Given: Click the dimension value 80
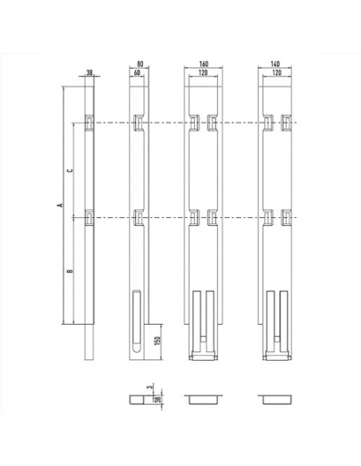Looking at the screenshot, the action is (x=140, y=64).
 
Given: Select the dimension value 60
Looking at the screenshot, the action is (x=137, y=73).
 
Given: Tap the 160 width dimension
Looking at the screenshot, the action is (x=204, y=64).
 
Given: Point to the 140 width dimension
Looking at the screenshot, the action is (x=276, y=64).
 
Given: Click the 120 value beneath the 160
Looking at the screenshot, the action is (x=203, y=73).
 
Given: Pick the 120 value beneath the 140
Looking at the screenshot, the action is (x=276, y=73).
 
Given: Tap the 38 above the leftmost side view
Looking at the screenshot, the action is (x=89, y=73).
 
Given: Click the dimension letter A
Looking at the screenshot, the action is (x=60, y=205).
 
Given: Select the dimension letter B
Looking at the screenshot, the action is (x=69, y=271).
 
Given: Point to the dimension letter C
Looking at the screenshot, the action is (x=69, y=170).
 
